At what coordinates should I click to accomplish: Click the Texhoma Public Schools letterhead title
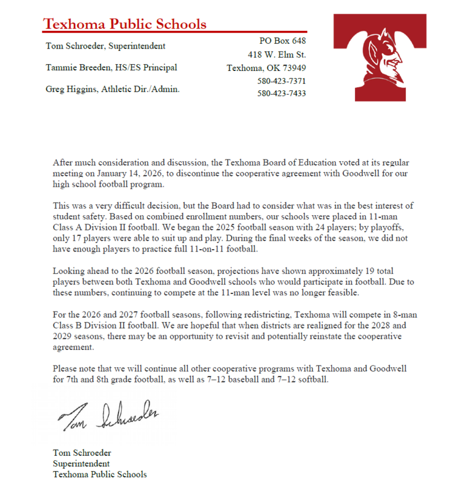125,24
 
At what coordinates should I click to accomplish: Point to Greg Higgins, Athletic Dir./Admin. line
113,90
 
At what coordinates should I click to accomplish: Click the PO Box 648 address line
282,41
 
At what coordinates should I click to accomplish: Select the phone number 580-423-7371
282,81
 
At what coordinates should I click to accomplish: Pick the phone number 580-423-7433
282,94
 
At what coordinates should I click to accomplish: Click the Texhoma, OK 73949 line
266,67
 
